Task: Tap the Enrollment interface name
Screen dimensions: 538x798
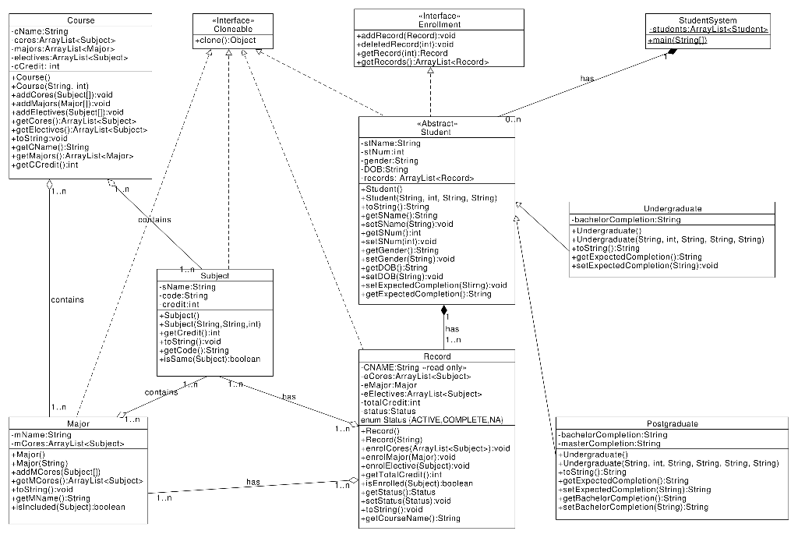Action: [x=439, y=25]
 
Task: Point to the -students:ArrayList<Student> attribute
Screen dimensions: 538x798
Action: [x=708, y=30]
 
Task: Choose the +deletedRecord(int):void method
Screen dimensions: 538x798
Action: [x=404, y=44]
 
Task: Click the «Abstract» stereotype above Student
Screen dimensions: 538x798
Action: [x=435, y=123]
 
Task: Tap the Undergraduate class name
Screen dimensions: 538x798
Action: [x=673, y=209]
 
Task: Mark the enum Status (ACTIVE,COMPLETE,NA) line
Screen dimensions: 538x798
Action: [x=432, y=419]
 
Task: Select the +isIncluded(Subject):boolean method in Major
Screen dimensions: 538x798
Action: [x=69, y=507]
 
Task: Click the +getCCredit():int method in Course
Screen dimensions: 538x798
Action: [x=45, y=165]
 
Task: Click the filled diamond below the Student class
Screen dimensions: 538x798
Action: [x=443, y=311]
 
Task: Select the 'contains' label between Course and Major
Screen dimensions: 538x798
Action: [x=67, y=299]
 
